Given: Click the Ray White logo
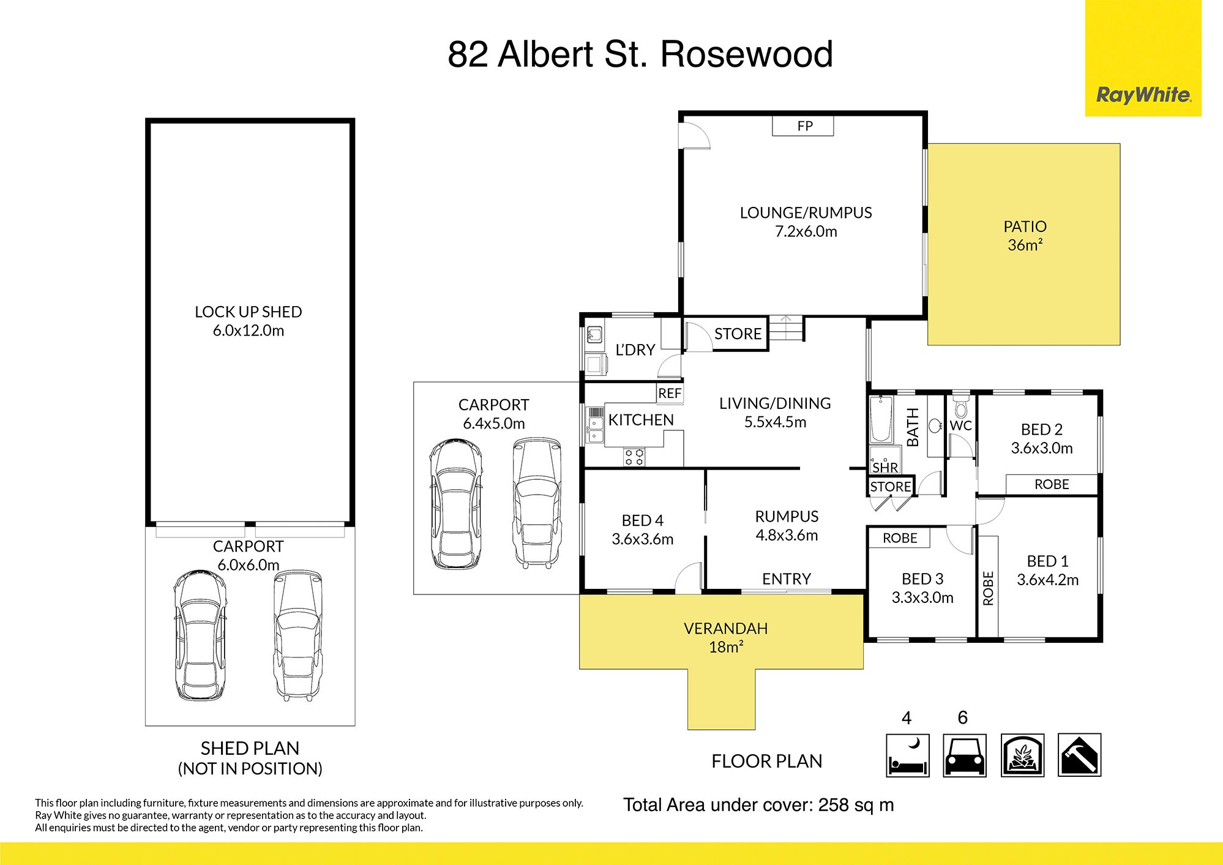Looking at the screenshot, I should tap(1143, 95).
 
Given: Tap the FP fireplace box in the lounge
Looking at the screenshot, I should tap(803, 126).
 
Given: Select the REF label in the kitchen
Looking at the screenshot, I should tap(670, 394).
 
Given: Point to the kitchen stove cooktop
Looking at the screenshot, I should tap(634, 457).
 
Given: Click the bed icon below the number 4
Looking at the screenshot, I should tap(907, 755).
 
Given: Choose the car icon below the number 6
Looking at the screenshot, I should tap(964, 755).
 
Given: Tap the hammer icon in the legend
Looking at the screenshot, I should tap(1079, 755).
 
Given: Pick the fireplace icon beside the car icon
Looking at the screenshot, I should tap(1022, 755).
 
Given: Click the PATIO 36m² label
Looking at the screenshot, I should tap(1025, 236).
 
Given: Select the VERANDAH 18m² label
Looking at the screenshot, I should tap(725, 637).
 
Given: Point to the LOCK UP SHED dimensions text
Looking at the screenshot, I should tap(248, 331).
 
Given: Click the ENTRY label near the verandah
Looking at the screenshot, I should tap(786, 579).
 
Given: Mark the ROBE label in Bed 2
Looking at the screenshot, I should tap(1052, 484).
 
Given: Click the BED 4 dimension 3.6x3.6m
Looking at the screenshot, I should tap(642, 539).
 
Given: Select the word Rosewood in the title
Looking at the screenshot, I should tap(746, 54).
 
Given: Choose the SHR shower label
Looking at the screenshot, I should tap(885, 468).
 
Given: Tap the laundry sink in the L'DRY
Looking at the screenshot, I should tap(594, 335).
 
